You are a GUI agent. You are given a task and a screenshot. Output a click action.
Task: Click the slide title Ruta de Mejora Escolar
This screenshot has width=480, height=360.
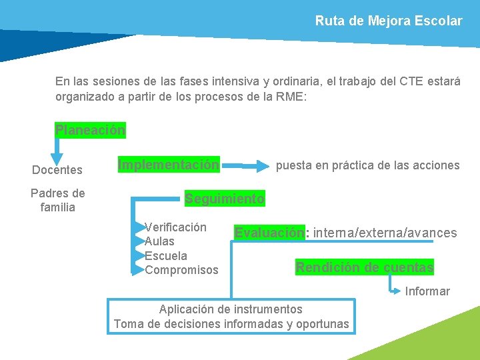tap(388, 21)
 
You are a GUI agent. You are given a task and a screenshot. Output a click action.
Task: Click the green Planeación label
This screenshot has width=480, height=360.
tap(90, 130)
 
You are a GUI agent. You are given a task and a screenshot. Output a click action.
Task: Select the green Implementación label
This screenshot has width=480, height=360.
tap(169, 164)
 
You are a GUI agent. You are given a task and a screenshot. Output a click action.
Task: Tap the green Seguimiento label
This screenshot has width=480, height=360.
tap(225, 199)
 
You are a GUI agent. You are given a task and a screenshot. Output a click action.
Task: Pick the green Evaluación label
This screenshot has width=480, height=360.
tap(269, 233)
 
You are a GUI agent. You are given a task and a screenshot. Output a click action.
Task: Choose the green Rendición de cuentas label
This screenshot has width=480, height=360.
tap(365, 267)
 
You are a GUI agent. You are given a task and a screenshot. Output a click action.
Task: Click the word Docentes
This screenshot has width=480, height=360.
tap(57, 170)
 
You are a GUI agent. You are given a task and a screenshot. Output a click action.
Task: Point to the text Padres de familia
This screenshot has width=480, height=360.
tap(58, 200)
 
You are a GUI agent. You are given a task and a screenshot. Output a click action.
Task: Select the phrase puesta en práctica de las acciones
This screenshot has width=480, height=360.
tap(367, 165)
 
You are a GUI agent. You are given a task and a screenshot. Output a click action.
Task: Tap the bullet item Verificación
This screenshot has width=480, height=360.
tap(175, 227)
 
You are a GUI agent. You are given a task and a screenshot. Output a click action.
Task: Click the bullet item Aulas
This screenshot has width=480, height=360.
tap(159, 241)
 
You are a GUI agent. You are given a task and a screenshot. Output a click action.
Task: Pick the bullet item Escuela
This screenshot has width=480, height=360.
tap(166, 255)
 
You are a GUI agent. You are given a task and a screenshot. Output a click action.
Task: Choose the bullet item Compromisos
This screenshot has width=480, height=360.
tap(181, 270)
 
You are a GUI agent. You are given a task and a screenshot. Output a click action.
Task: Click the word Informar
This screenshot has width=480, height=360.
tap(427, 291)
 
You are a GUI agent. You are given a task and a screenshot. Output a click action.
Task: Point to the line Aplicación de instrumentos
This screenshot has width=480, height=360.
tap(231, 309)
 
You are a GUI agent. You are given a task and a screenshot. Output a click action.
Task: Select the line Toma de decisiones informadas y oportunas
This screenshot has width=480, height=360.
tap(231, 324)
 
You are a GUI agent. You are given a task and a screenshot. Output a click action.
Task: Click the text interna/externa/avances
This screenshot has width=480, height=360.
tap(385, 233)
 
